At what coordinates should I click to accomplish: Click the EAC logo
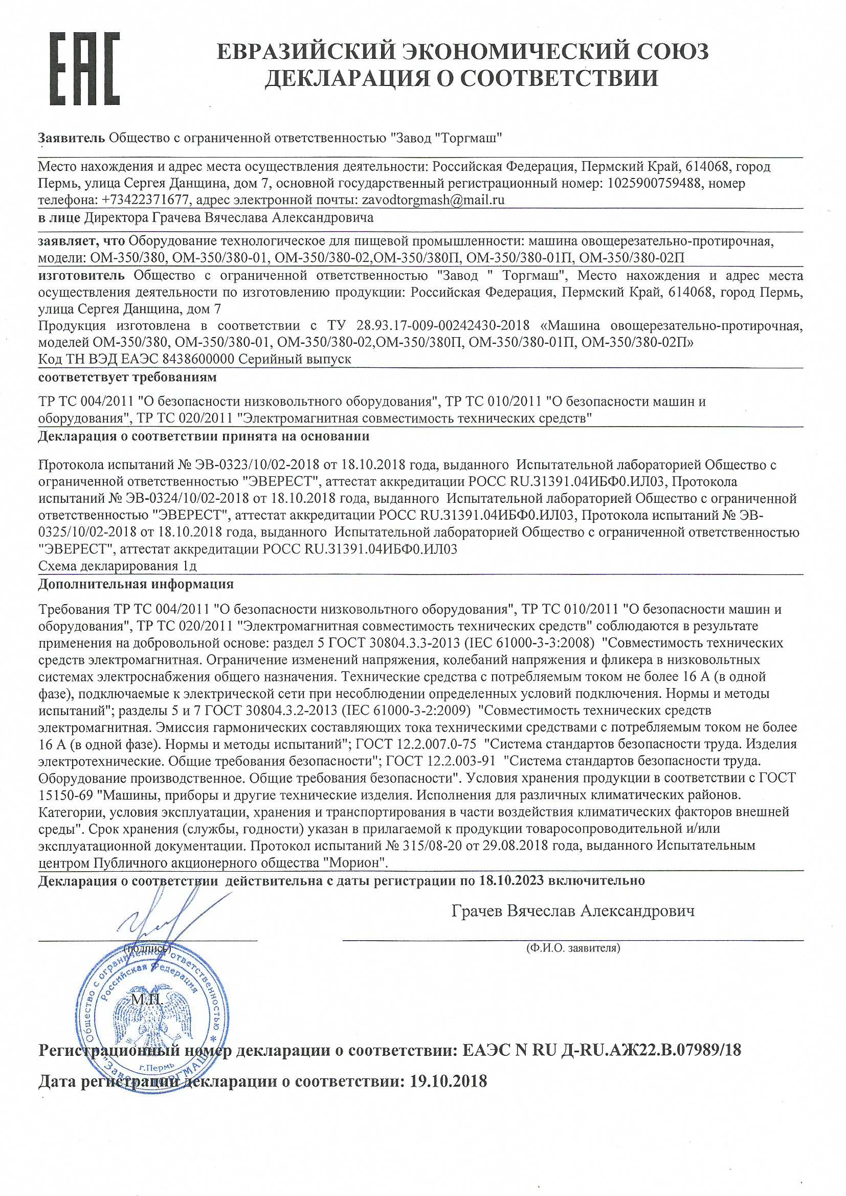pyautogui.click(x=85, y=69)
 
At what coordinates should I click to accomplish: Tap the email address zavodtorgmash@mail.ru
pyautogui.click(x=430, y=200)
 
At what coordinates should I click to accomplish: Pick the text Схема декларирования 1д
pyautogui.click(x=118, y=566)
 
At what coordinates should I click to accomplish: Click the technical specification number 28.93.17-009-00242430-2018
pyautogui.click(x=443, y=326)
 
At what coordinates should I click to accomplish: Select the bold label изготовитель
pyautogui.click(x=81, y=275)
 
